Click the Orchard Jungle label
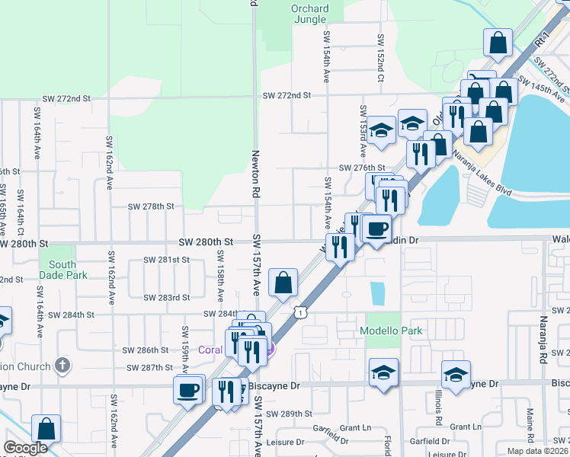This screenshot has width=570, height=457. click(x=310, y=14)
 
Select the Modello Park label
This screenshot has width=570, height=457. click(x=391, y=331)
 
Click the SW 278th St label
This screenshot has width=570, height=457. click(x=151, y=206)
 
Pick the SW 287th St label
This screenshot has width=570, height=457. click(x=149, y=367)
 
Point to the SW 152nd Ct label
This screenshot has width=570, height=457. click(x=380, y=50)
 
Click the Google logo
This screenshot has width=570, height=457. click(x=25, y=448)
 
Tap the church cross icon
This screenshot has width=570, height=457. click(x=63, y=366)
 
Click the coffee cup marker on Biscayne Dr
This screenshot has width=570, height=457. click(x=187, y=391)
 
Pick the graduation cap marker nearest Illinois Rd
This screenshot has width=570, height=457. click(x=456, y=375)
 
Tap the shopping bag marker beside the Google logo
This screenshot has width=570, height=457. click(x=46, y=428)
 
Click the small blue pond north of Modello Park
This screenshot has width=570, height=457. click(x=377, y=293)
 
